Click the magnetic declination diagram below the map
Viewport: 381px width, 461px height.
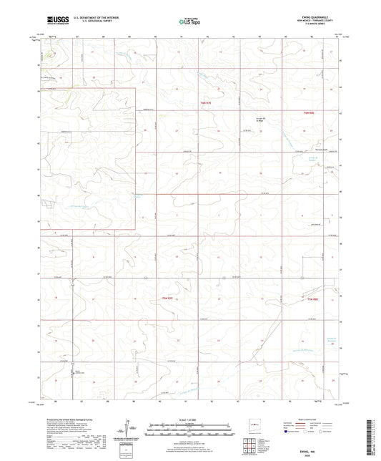131,429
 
